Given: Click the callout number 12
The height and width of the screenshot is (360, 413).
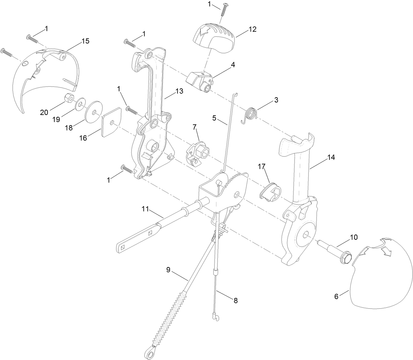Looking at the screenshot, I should [252, 29].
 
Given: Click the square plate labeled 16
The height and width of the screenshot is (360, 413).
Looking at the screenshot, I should [111, 123].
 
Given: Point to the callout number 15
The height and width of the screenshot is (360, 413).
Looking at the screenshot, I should [85, 41].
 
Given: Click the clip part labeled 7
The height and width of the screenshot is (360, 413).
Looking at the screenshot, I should [196, 154].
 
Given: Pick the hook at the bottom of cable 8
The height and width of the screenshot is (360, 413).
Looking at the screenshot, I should [215, 317].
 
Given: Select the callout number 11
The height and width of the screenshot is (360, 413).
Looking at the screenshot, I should [146, 208].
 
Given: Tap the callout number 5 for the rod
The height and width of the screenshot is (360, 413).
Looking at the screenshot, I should [214, 118].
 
